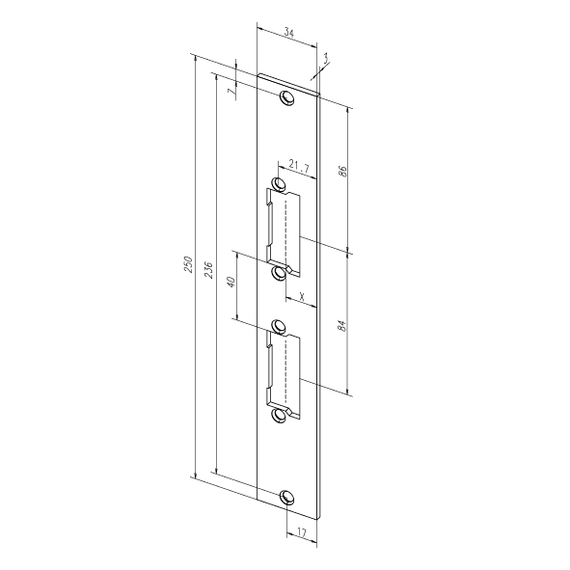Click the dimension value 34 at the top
click(289, 33)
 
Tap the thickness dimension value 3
click(325, 58)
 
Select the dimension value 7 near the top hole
click(231, 92)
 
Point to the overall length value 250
click(188, 264)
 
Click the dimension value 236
click(208, 269)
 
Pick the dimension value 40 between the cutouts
click(231, 282)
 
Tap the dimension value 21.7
click(299, 167)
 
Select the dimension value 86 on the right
click(342, 171)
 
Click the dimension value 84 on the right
click(342, 325)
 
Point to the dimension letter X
click(302, 297)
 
